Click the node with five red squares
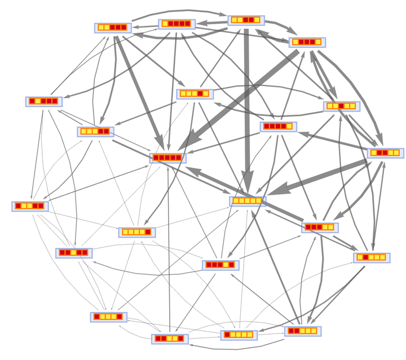pos(167,157)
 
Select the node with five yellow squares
pos(247,201)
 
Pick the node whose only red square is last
pos(137,232)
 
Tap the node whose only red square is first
pos(238,335)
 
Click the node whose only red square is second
pos(372,257)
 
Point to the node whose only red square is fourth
pos(195,94)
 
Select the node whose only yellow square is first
pos(177,24)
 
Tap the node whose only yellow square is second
pos(43,102)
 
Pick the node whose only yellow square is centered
pos(74,253)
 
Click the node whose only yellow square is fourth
pos(220,265)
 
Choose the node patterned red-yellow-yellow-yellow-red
pos(108,317)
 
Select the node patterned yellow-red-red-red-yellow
pos(307,42)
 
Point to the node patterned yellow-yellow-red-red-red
pos(113,27)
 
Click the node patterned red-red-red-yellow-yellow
pos(320,227)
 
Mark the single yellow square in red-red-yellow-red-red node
pos(74,253)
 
